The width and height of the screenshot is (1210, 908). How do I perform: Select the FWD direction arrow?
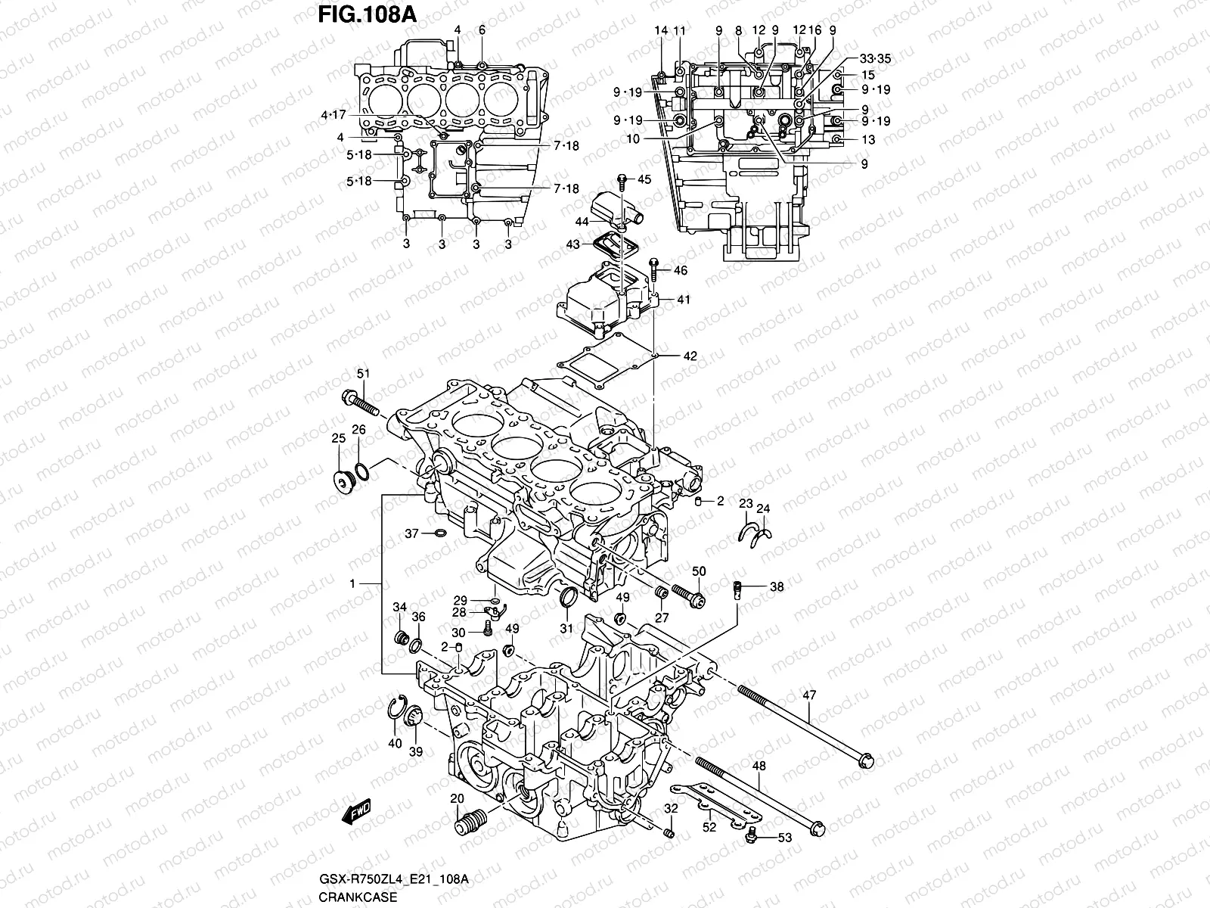tap(356, 812)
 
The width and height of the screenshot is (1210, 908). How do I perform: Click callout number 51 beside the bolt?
tap(363, 373)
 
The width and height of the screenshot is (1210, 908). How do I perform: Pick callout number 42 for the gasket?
tap(690, 356)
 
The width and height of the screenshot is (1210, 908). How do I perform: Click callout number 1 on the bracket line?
tap(352, 585)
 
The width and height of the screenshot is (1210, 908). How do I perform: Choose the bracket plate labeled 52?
tap(714, 802)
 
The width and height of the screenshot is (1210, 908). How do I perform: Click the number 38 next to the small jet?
tap(777, 586)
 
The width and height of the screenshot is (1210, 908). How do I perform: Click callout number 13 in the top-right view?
tap(867, 140)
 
